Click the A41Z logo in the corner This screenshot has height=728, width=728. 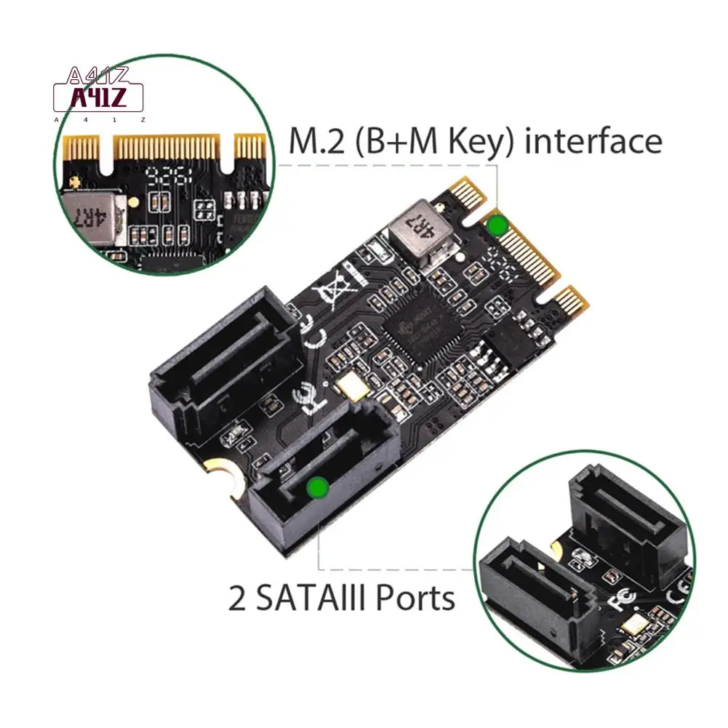click(99, 95)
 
